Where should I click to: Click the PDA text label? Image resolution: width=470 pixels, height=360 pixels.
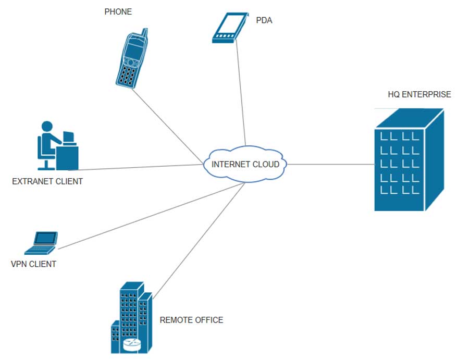point(264,21)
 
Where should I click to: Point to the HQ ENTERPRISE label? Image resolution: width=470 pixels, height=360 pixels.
point(419,95)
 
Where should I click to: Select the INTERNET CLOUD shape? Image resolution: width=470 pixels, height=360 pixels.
point(245,164)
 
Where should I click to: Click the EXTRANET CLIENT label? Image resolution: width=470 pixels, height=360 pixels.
point(47,182)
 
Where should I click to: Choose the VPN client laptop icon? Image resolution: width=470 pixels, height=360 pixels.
point(44,241)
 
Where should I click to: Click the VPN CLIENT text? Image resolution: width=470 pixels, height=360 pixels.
point(33,264)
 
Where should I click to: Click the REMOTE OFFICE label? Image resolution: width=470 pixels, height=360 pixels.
point(191,320)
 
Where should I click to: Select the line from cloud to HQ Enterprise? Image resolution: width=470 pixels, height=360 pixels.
point(331,164)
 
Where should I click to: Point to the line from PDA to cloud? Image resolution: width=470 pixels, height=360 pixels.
point(241,94)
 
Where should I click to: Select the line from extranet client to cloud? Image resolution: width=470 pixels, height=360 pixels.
point(141,167)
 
